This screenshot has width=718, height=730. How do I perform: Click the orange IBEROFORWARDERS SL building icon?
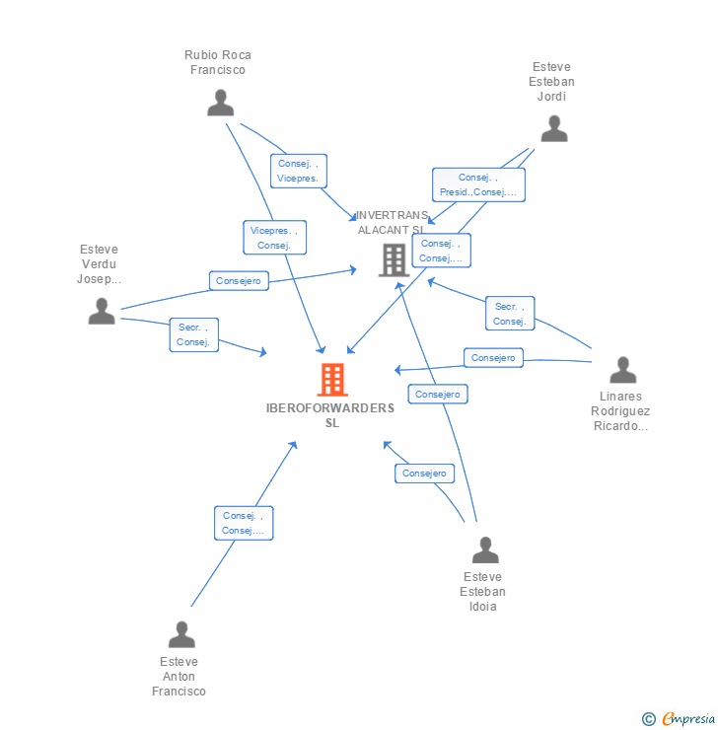click(x=332, y=380)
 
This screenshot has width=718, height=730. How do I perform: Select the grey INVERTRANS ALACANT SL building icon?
click(x=394, y=260)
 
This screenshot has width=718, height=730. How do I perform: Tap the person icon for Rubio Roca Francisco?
click(x=221, y=103)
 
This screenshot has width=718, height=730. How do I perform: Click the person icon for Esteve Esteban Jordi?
click(x=554, y=128)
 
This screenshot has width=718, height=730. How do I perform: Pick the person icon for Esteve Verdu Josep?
click(x=102, y=311)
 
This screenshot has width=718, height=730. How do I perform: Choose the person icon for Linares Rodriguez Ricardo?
click(x=622, y=370)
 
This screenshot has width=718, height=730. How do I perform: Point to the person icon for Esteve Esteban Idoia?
click(x=484, y=550)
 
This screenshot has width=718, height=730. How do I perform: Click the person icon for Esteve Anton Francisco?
click(x=181, y=634)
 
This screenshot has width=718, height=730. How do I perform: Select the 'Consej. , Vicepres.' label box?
click(x=298, y=171)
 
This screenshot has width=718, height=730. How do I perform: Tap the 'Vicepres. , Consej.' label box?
click(x=274, y=238)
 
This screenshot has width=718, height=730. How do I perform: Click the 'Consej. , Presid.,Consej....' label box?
click(x=478, y=184)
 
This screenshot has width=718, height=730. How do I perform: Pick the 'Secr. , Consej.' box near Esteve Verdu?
click(x=193, y=334)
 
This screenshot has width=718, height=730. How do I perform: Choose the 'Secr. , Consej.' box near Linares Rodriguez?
click(x=510, y=314)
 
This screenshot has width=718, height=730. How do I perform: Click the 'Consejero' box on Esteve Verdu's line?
click(x=239, y=281)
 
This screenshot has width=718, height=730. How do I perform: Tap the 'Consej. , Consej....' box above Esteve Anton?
click(x=244, y=523)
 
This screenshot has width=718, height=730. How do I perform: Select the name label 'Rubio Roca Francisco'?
click(x=218, y=62)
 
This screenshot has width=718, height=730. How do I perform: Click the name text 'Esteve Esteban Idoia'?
click(x=482, y=592)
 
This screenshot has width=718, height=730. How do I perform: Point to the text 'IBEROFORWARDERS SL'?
click(x=330, y=415)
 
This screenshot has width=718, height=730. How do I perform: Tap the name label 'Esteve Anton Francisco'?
click(x=179, y=677)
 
